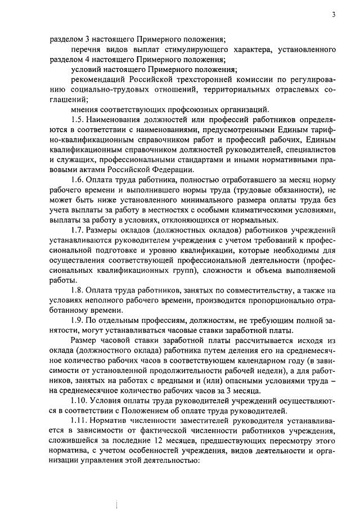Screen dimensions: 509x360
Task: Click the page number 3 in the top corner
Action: pyautogui.click(x=334, y=15)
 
